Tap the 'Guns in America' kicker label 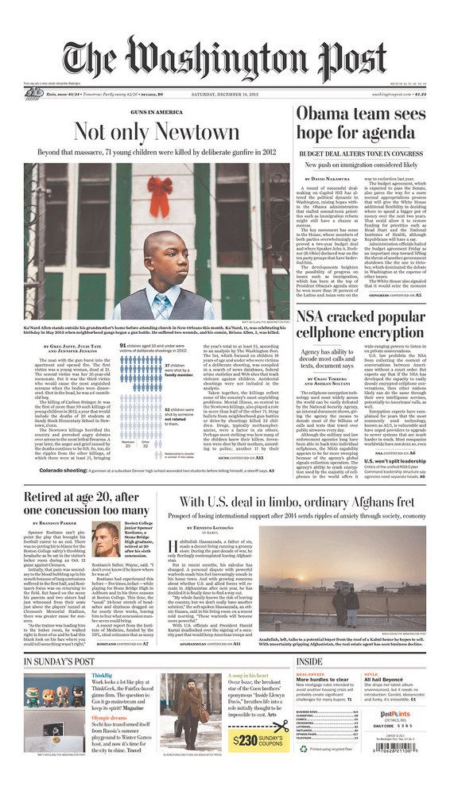[157, 114]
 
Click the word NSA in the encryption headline [311, 319]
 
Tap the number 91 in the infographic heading [123, 347]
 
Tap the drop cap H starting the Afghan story [173, 541]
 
